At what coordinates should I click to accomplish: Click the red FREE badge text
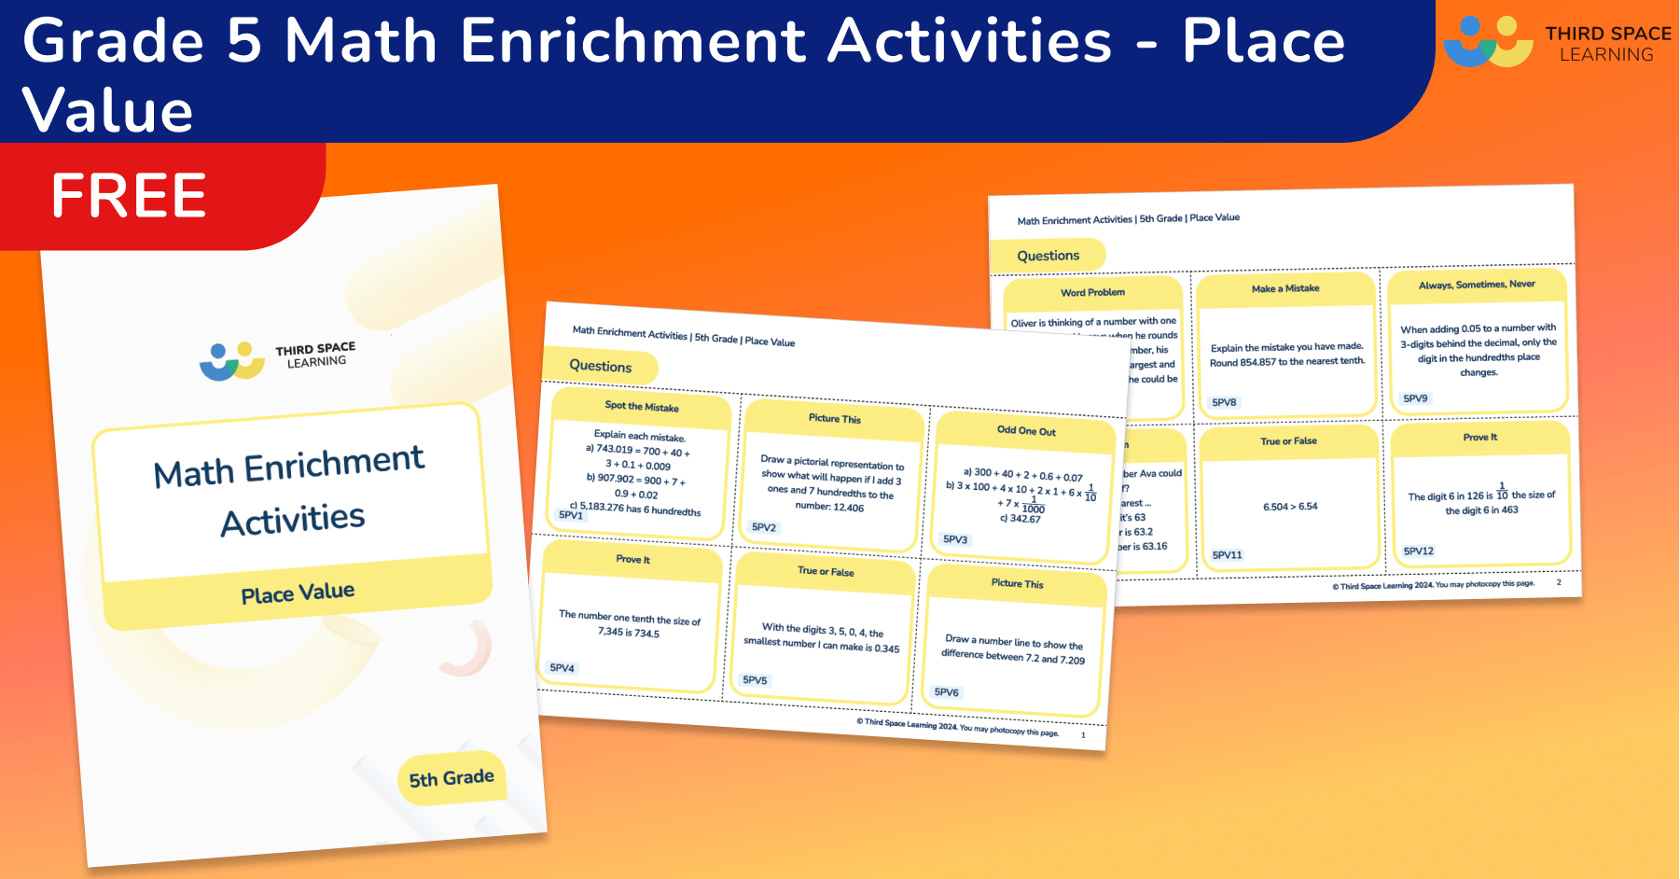[x=129, y=195]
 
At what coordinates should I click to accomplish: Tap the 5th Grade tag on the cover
[x=451, y=777]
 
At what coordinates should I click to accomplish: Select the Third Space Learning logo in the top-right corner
[x=1556, y=42]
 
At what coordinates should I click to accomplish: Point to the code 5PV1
[x=570, y=515]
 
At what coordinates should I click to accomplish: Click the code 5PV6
[x=946, y=692]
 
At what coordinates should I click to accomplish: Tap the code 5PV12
[x=1418, y=551]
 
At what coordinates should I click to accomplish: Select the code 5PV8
[x=1224, y=402]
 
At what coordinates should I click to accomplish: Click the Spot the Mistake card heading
[x=642, y=407]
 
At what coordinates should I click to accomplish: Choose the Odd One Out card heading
[x=1026, y=431]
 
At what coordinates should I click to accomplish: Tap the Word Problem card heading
[x=1092, y=292]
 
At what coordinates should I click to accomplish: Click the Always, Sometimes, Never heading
[x=1477, y=285]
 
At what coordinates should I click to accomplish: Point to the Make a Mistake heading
[x=1285, y=288]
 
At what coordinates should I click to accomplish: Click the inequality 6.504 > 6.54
[x=1290, y=507]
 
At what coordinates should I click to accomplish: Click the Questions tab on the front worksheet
[x=601, y=366]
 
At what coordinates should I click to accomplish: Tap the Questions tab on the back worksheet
[x=1048, y=256]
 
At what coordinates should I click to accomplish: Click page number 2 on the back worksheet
[x=1559, y=582]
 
